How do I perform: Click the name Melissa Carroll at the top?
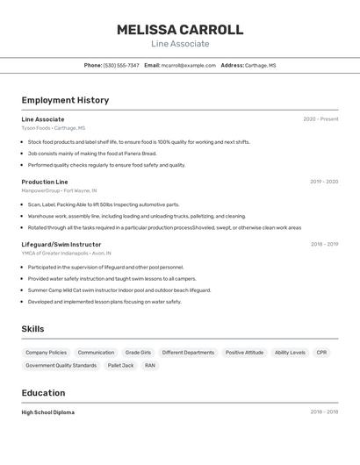coord(180,30)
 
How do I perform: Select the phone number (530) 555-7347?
coord(121,65)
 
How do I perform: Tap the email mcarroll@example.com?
coord(188,65)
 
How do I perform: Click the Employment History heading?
coord(65,100)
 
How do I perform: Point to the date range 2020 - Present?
coord(320,119)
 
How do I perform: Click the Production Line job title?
coord(45,182)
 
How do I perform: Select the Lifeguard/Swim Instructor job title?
coord(61,244)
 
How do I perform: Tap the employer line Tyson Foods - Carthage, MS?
coord(54,128)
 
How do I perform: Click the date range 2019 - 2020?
coord(324,182)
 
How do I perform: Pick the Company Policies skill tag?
coord(46,352)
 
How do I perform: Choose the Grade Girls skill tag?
coord(138,352)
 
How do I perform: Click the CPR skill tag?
coord(321,352)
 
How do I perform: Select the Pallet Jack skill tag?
coord(120,365)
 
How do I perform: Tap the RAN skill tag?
coord(150,365)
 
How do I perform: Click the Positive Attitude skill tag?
coord(244,352)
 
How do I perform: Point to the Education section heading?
coord(43,392)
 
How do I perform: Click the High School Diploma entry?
coord(48,412)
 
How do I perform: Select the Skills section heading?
coord(32,329)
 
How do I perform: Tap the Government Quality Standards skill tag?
coord(61,365)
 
